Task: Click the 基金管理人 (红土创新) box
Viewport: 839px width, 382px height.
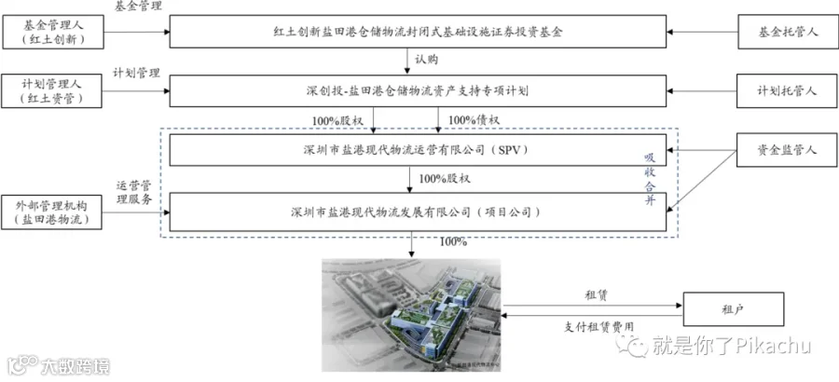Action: (52, 32)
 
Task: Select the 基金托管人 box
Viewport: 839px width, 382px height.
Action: (788, 32)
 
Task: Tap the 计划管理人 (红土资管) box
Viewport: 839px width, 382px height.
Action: (51, 91)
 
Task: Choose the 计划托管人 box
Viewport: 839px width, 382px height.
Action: (787, 91)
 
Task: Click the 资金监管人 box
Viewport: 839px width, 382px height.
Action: (787, 150)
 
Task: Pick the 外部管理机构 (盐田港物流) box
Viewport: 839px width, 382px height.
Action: (51, 212)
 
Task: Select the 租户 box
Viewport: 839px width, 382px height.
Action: (733, 309)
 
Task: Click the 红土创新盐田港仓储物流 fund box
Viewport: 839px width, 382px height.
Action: (418, 32)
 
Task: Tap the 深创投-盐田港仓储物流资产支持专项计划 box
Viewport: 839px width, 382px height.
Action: (418, 91)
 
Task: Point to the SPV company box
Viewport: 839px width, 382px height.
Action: (418, 150)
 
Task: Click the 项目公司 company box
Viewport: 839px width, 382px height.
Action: (418, 212)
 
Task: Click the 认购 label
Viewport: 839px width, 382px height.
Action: (426, 60)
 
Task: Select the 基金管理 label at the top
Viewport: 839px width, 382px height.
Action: (139, 7)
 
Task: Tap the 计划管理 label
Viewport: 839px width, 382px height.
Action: (136, 74)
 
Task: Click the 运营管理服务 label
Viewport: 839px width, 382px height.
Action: (135, 193)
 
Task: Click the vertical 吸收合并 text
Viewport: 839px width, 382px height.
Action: (649, 179)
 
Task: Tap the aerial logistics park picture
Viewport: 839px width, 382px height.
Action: (411, 315)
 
